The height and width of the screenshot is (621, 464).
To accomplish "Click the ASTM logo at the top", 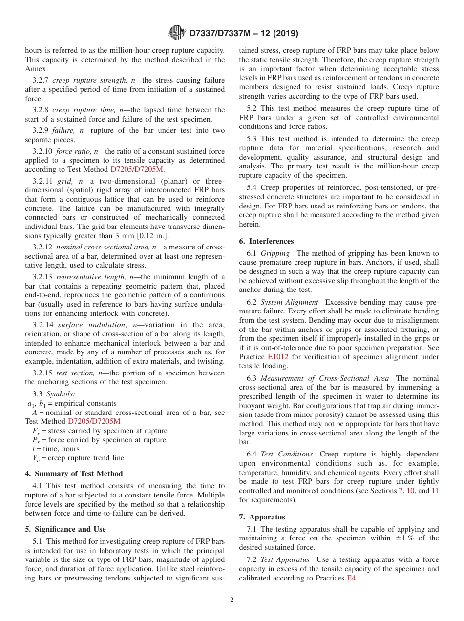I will (x=176, y=33).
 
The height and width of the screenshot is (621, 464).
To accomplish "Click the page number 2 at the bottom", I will (x=232, y=600).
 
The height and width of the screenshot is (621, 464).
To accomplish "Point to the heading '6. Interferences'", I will (x=266, y=241).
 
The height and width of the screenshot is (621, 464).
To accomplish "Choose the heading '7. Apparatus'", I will (x=263, y=517).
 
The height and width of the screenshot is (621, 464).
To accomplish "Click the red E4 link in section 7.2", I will (x=351, y=578).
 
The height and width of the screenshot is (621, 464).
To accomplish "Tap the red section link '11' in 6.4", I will (x=435, y=491).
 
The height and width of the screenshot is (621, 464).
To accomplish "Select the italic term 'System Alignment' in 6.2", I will (x=289, y=302).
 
